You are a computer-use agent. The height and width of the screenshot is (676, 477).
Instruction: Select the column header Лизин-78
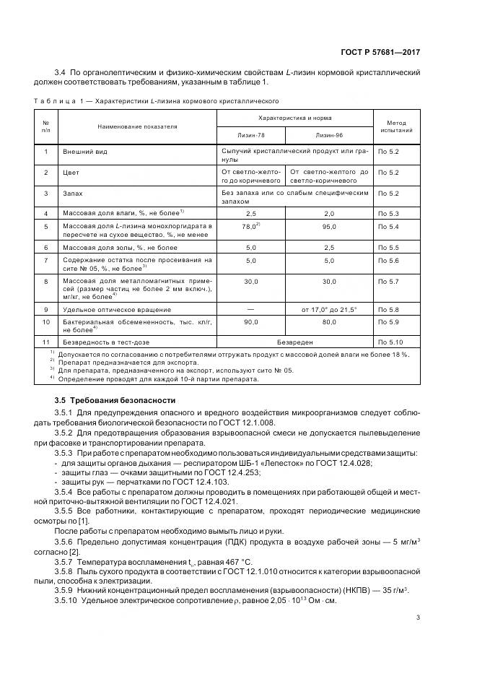pos(251,135)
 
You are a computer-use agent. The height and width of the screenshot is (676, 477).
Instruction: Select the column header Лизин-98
pos(329,135)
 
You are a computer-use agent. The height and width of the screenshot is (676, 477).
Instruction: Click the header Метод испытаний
pos(395,127)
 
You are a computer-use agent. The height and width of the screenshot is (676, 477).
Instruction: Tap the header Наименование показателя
pos(128,126)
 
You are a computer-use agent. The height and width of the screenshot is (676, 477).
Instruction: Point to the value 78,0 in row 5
pos(250,227)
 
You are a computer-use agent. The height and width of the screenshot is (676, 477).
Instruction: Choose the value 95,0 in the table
pos(329,227)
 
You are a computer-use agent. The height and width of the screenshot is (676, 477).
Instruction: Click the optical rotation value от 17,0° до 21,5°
pos(329,309)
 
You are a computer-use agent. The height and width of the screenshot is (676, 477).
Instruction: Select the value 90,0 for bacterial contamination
pos(251,321)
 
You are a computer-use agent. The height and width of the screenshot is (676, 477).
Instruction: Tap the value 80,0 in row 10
pos(329,321)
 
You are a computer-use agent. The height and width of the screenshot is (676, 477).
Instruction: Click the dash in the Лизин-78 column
pos(251,309)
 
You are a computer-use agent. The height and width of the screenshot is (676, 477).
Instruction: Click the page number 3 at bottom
pos(418,617)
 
